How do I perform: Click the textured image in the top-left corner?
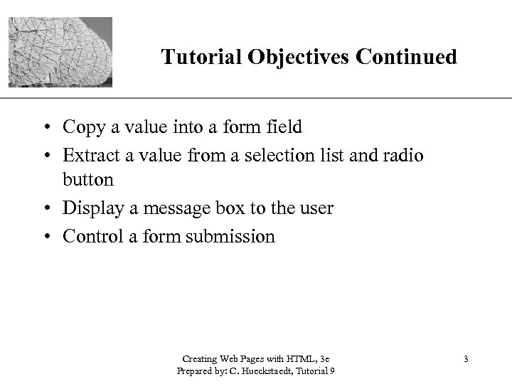coord(60,52)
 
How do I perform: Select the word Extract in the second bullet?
coord(90,154)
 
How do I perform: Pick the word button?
coord(88,181)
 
